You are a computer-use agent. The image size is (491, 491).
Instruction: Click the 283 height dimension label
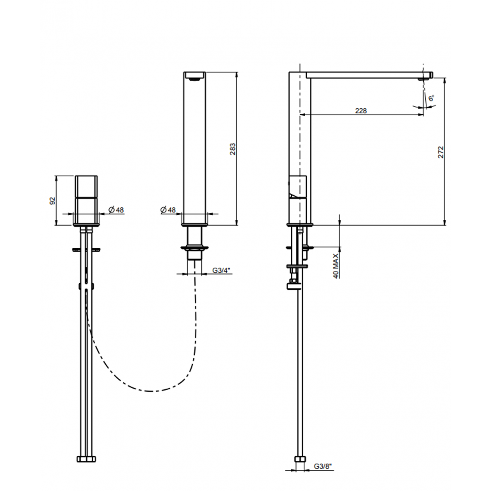pos(233,149)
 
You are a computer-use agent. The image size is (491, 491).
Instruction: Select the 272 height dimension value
pos(441,151)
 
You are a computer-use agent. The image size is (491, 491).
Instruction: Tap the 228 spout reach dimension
pos(361,111)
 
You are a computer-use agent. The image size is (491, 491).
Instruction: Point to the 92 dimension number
pos(52,201)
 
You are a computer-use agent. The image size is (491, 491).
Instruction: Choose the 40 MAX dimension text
pos(336,266)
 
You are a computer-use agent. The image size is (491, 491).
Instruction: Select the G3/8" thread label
pos(323,466)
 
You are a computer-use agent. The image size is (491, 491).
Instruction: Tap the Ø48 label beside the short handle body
pos(116,210)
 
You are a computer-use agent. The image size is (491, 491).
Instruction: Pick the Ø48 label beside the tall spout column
pos(168,210)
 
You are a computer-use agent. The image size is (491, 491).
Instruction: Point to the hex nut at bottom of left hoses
pos(86,459)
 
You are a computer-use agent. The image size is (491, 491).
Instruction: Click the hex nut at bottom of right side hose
pos(300,460)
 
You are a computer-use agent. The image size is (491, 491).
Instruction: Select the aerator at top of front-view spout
pos(194,79)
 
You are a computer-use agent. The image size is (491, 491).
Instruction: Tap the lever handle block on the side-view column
pos(298,187)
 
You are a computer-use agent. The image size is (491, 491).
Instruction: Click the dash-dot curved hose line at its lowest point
pos(151,391)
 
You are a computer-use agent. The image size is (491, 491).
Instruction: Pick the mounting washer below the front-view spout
pos(194,248)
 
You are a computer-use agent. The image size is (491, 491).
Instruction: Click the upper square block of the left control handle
pos(86,187)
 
